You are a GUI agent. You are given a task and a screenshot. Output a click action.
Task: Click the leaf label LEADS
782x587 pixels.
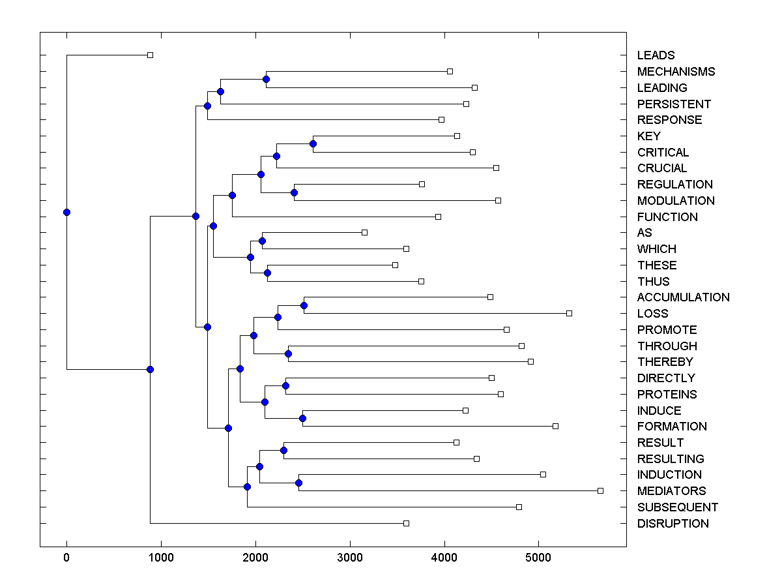pyautogui.click(x=656, y=55)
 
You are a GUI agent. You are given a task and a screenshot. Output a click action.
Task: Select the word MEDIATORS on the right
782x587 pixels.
pyautogui.click(x=671, y=491)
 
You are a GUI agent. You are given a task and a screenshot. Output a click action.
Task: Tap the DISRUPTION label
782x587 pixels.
pyautogui.click(x=673, y=524)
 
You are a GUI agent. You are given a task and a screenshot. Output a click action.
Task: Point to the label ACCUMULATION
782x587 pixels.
pyautogui.click(x=683, y=297)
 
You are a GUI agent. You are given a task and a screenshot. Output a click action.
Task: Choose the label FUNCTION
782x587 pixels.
pyautogui.click(x=667, y=217)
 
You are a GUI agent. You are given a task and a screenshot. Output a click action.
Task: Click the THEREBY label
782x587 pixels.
pyautogui.click(x=665, y=362)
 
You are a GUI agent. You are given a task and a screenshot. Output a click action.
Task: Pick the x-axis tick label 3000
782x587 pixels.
pyautogui.click(x=350, y=558)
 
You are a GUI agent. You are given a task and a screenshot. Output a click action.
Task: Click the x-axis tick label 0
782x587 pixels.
pyautogui.click(x=66, y=558)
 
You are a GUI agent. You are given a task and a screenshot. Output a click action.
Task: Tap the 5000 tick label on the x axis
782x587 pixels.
pyautogui.click(x=539, y=558)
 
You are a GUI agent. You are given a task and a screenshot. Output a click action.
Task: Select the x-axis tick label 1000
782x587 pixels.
pyautogui.click(x=161, y=558)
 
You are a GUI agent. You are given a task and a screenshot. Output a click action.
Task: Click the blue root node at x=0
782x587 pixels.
pyautogui.click(x=66, y=212)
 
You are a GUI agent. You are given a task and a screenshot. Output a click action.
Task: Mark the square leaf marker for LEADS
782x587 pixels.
pyautogui.click(x=150, y=55)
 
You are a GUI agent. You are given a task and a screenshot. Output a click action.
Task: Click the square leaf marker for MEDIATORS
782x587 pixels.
pyautogui.click(x=600, y=490)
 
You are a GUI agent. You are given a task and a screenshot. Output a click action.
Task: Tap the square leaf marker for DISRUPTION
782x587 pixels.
pyautogui.click(x=406, y=523)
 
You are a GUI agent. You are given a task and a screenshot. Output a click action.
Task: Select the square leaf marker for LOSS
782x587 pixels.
pyautogui.click(x=569, y=313)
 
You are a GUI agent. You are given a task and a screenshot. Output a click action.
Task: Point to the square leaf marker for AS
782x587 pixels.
pyautogui.click(x=364, y=232)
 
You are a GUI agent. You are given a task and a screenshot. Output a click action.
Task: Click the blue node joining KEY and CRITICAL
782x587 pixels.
pyautogui.click(x=313, y=143)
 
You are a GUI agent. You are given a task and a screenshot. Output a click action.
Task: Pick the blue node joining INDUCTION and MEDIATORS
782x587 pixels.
pyautogui.click(x=298, y=483)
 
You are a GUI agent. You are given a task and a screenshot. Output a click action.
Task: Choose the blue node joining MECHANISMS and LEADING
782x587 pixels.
pyautogui.click(x=266, y=79)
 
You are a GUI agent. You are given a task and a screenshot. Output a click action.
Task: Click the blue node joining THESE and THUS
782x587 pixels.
pyautogui.click(x=267, y=273)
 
